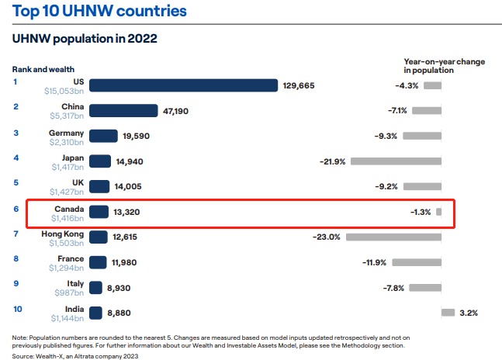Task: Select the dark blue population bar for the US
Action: tap(183, 85)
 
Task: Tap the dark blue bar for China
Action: tap(123, 111)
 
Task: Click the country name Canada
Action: tap(69, 209)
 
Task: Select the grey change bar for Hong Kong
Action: tap(393, 237)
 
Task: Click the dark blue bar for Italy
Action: tap(96, 287)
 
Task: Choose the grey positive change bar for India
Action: tap(448, 313)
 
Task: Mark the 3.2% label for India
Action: tap(469, 313)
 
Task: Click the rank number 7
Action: tap(16, 233)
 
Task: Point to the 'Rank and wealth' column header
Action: tap(44, 70)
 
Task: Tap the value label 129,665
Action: tap(299, 85)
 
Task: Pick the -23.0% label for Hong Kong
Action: tap(327, 237)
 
